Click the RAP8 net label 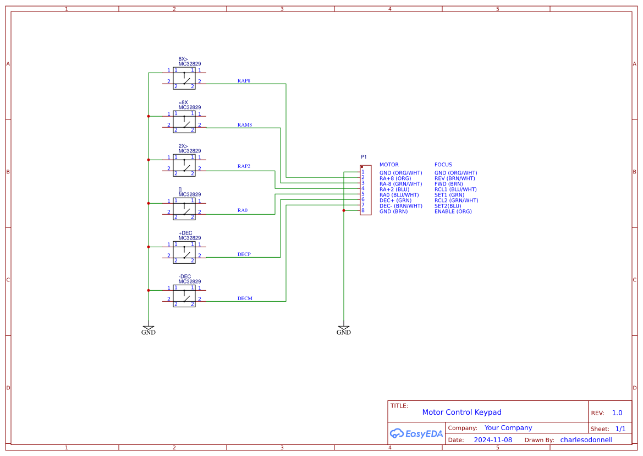pos(244,81)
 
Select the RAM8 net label pos(245,125)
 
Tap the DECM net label pos(245,298)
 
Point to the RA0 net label pos(243,210)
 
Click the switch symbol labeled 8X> pos(184,78)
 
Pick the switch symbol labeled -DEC pos(184,296)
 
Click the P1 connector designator pos(364,157)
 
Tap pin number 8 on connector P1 pos(363,210)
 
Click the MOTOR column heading pos(389,165)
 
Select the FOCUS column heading pos(443,165)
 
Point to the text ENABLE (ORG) pos(453,211)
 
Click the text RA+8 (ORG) pos(395,178)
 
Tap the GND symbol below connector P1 pos(343,330)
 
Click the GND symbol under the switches pos(149,330)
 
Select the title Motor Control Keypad pos(461,412)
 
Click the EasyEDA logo pos(416,433)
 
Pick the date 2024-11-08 pos(493,440)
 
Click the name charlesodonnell pos(586,440)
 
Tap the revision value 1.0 pos(617,413)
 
